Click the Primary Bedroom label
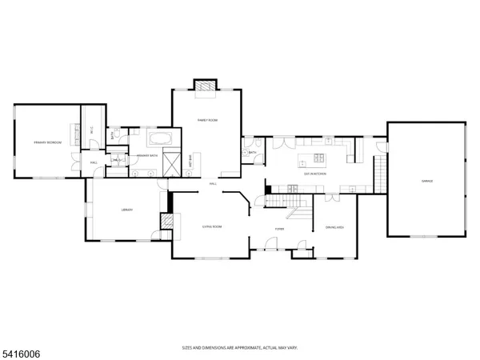click(x=47, y=142)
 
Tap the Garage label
click(x=426, y=182)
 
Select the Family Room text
click(x=207, y=120)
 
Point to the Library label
click(x=126, y=210)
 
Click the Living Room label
click(x=211, y=227)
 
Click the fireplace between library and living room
click(x=167, y=222)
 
